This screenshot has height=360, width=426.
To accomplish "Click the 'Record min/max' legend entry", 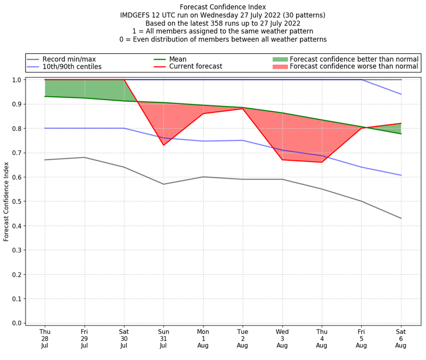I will (69, 59).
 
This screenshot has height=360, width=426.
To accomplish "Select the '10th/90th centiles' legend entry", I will (72, 67).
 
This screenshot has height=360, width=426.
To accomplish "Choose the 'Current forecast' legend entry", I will (195, 67).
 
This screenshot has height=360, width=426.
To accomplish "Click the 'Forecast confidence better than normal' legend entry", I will (354, 59).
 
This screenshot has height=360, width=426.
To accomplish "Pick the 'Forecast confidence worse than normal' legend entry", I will (354, 67).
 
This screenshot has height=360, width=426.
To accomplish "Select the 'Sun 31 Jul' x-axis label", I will (163, 338).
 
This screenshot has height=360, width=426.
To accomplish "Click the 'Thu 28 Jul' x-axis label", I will (45, 338).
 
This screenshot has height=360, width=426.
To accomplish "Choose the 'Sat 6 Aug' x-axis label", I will (401, 338).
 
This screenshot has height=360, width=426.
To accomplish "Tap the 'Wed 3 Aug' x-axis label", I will (282, 338).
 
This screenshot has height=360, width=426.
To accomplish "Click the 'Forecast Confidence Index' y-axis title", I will (6, 201).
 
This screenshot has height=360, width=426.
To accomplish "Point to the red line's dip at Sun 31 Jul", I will (163, 145).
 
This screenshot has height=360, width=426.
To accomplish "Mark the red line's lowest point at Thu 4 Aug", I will (322, 162).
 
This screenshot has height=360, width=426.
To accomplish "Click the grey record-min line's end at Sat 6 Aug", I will (401, 218).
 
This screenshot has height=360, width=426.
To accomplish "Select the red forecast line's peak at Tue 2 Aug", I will (243, 109).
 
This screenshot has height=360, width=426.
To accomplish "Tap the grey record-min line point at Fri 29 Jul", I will (84, 157).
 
